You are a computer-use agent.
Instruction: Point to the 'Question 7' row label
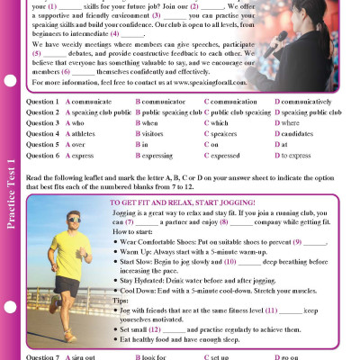pyautogui.click(x=42, y=357)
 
